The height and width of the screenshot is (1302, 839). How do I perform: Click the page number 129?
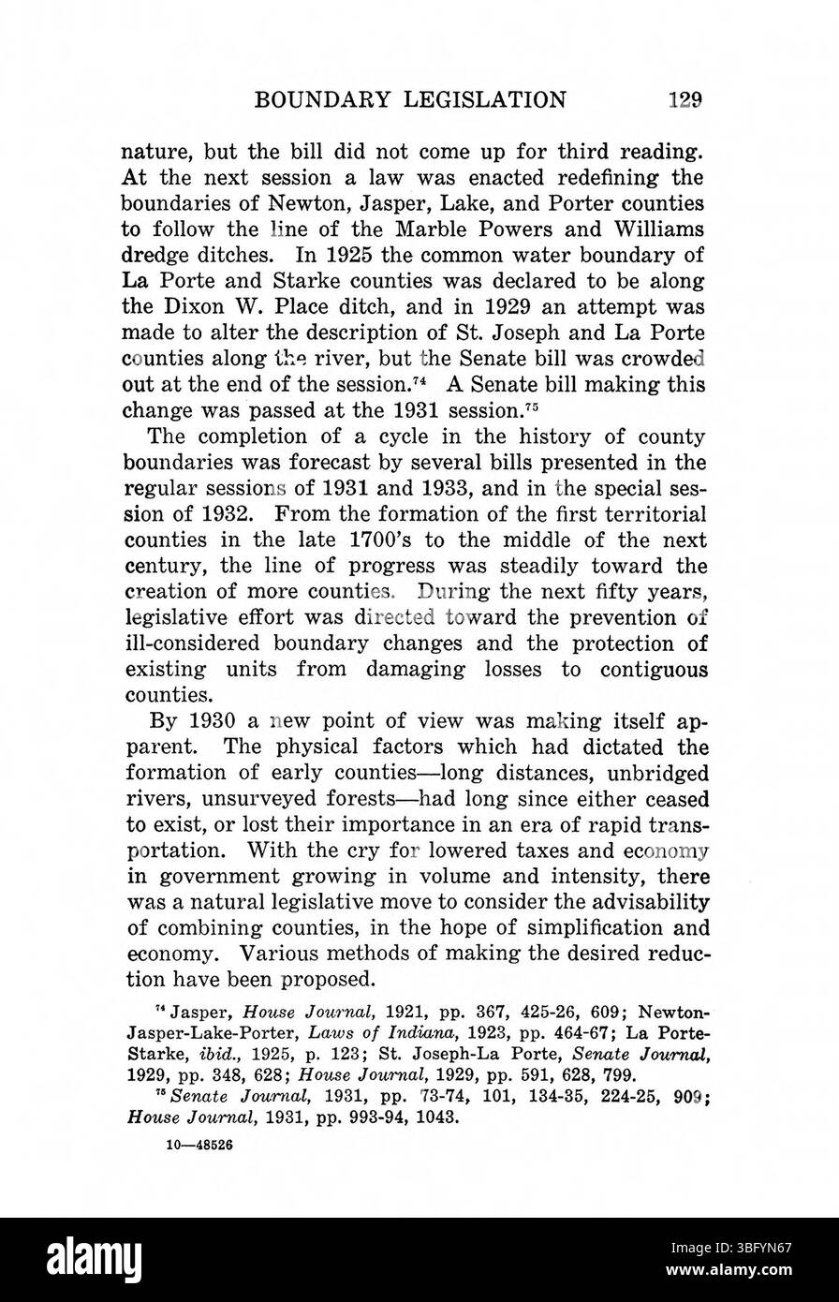coord(685,100)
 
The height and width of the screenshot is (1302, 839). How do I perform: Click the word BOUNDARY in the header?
coord(316,100)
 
